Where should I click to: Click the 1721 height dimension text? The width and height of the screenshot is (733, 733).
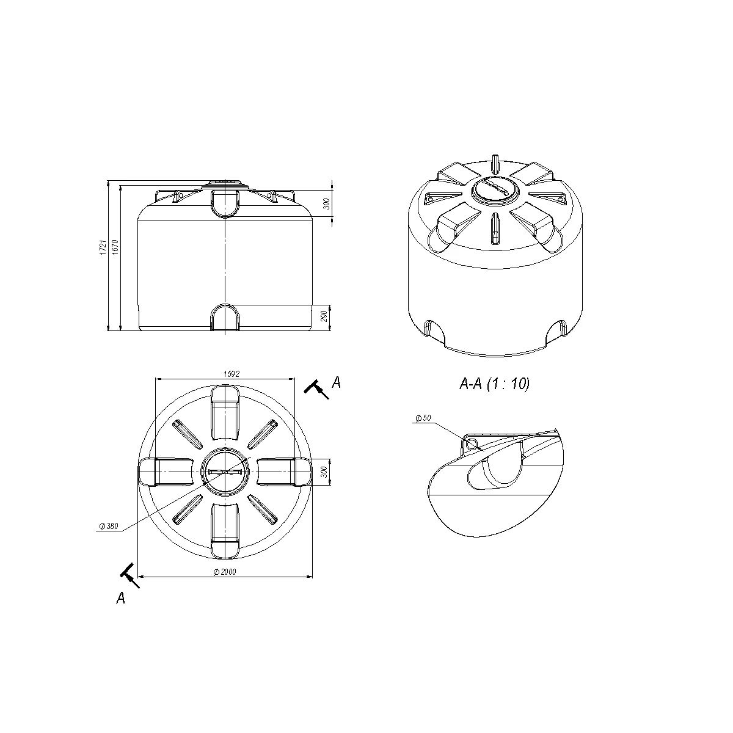(103, 247)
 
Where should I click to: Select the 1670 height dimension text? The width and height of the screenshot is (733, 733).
(115, 247)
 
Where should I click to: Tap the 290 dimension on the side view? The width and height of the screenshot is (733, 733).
(324, 316)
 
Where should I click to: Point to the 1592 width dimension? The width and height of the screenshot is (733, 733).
(232, 374)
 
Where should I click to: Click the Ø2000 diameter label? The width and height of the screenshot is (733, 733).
(225, 572)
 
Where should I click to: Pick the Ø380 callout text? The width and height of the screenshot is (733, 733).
(109, 526)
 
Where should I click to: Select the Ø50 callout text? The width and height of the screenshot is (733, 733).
(423, 418)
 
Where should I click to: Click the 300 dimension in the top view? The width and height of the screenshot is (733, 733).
(324, 472)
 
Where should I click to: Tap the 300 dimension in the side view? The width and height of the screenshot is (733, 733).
(326, 204)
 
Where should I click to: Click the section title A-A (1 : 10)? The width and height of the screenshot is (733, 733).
(495, 384)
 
